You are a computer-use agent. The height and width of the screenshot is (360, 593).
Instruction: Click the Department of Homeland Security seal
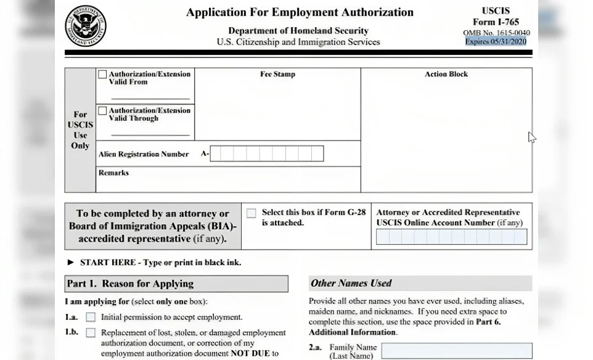pos(86,26)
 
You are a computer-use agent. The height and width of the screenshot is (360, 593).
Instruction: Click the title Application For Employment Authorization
pos(300,12)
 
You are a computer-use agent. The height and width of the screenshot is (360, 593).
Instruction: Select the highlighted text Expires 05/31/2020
pos(496,41)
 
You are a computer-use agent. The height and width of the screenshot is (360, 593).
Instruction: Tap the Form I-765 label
pos(496,22)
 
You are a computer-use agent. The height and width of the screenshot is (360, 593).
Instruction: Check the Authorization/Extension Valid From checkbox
pos(102,75)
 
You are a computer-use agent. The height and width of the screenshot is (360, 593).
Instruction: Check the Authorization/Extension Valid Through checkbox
pos(102,111)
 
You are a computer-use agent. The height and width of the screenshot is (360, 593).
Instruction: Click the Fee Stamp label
pos(277,75)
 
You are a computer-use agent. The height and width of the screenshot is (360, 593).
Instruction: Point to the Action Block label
pos(446,75)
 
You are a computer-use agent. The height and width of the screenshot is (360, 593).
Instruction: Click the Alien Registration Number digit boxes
pos(266,153)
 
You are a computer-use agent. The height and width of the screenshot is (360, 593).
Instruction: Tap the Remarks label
pos(113,173)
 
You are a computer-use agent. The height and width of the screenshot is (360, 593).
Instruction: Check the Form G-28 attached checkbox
pos(252,213)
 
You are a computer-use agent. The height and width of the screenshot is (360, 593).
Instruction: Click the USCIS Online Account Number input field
pos(451,237)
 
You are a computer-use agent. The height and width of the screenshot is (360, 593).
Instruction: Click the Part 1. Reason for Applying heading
pos(130,284)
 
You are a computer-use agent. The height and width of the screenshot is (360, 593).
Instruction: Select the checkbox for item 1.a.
pos(91,317)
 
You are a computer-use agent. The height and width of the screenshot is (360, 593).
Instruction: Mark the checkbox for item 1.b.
pos(91,333)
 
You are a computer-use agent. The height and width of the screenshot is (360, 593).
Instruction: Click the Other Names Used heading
pos(351,284)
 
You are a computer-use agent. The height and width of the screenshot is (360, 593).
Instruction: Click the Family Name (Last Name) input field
pos(456,351)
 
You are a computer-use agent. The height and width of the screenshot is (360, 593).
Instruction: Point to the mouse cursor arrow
pos(531,137)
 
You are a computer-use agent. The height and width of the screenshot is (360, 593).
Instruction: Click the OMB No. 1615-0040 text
pos(496,33)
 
